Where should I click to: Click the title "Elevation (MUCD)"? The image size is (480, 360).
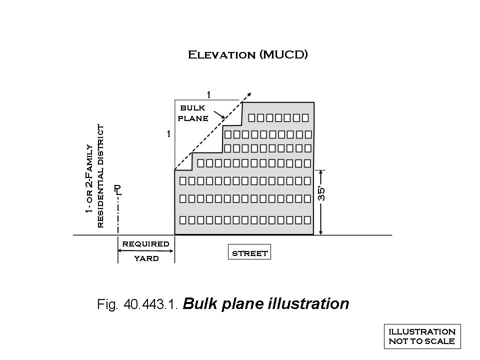[247, 54]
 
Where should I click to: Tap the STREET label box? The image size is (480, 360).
[249, 253]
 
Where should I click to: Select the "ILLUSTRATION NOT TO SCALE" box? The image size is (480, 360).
[422, 336]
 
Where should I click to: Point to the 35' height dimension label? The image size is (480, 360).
[322, 193]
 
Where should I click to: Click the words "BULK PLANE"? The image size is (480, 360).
[192, 113]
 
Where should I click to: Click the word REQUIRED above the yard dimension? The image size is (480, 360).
[146, 244]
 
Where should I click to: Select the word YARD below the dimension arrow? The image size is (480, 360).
[146, 258]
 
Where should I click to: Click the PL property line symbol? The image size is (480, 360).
[117, 189]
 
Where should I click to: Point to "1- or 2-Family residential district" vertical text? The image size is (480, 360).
[94, 176]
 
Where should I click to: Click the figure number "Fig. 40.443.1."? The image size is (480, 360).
[137, 304]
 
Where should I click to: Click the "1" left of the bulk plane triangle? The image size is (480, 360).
[169, 134]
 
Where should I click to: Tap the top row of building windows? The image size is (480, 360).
[278, 118]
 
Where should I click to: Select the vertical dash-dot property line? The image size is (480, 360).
[118, 215]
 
